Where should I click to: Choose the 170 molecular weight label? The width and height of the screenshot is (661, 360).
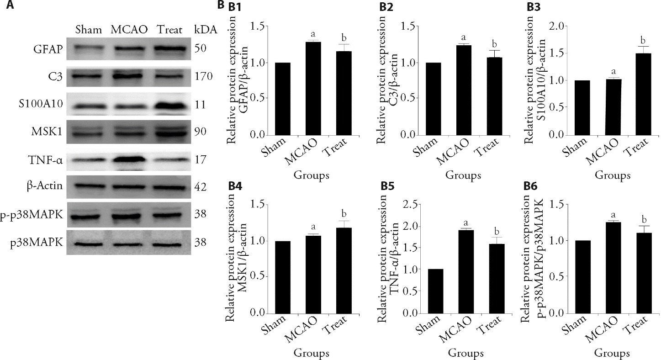[x=203, y=76]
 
